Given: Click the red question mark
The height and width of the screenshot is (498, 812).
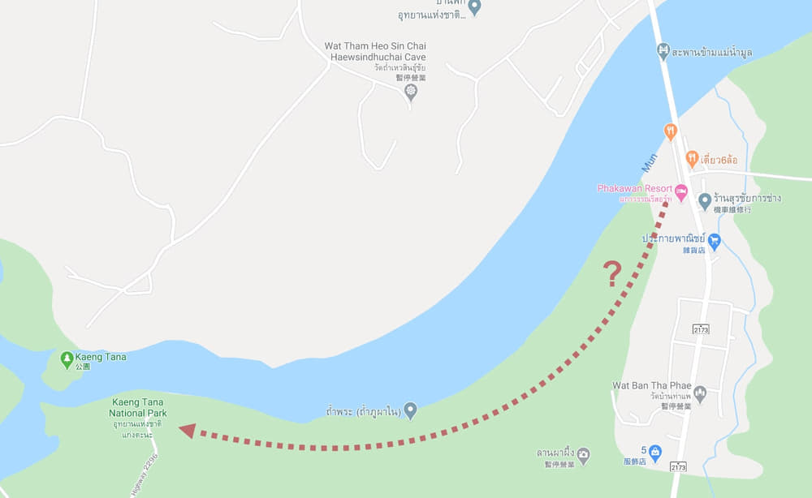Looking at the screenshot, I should (x=614, y=273).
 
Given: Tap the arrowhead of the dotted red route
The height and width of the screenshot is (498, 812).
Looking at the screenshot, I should (x=187, y=430).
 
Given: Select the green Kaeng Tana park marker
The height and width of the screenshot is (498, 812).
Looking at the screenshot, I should (x=67, y=358).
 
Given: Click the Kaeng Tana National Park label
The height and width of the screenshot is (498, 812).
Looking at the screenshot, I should (x=138, y=407).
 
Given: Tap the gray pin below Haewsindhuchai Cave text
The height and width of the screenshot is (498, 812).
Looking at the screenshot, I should (x=411, y=90).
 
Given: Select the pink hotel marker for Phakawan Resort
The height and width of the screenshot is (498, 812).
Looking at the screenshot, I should (x=681, y=190).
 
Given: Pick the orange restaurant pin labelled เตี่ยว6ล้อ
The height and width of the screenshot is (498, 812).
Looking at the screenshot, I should (x=692, y=158).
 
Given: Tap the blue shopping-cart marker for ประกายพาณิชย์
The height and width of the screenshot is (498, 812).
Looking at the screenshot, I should (x=714, y=240).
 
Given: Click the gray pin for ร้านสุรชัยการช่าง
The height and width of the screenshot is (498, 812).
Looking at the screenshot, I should (x=705, y=199).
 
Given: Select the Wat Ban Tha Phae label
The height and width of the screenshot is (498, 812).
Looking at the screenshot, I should (x=652, y=385).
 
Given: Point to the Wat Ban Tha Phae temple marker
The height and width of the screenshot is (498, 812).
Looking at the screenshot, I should (x=700, y=393).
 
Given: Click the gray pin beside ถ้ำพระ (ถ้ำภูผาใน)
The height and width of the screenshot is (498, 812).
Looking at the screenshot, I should (x=411, y=410).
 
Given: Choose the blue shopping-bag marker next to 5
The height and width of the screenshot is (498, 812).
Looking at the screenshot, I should (x=655, y=451).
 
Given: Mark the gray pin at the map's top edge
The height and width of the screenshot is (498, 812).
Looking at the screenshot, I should (x=475, y=7).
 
